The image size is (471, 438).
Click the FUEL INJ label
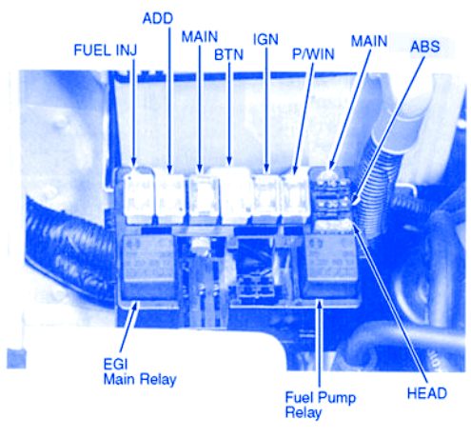tap(106, 50)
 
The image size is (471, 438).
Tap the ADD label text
tap(158, 18)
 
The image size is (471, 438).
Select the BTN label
tap(228, 54)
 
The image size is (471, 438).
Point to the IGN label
tap(265, 39)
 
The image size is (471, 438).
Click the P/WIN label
tap(313, 54)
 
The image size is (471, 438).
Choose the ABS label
tap(425, 47)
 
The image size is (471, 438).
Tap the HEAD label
tap(427, 393)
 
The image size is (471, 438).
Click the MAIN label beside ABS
tap(369, 41)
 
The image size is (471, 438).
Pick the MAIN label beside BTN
tap(200, 37)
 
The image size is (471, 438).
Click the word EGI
tap(115, 364)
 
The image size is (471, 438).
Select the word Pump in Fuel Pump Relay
tap(337, 398)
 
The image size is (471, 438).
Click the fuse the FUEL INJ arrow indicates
tap(139, 195)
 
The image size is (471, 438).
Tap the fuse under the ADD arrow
tap(170, 197)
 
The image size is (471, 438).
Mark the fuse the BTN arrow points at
tap(235, 195)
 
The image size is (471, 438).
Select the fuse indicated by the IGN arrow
tap(266, 197)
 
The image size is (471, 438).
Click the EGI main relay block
tap(147, 267)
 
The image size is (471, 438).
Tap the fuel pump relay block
tap(330, 266)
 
